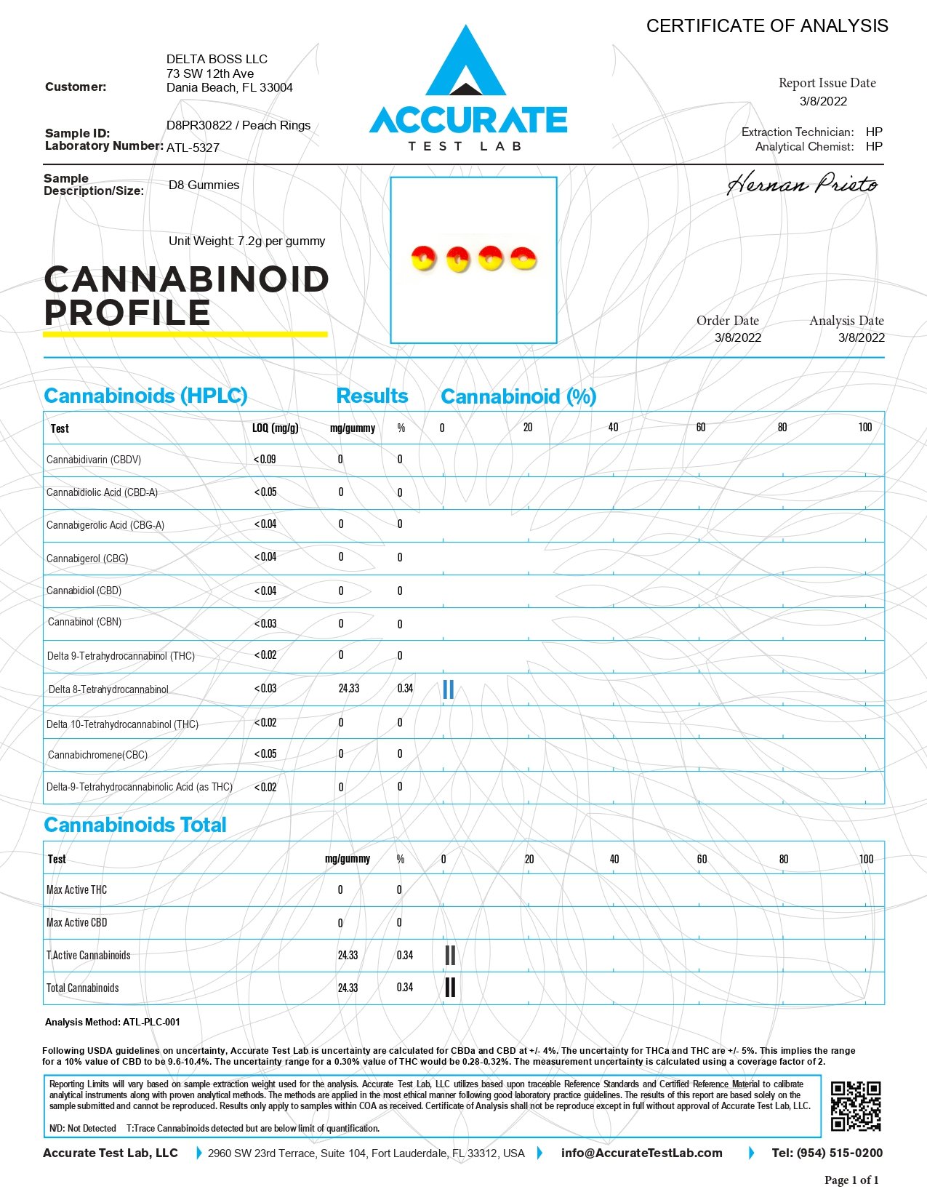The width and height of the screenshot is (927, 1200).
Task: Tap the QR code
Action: click(856, 1106)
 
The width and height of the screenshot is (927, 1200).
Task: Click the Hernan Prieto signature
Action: click(802, 183)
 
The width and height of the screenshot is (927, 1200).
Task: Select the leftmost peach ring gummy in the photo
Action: click(423, 258)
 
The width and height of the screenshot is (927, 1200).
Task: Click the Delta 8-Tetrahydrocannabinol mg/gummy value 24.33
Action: click(349, 688)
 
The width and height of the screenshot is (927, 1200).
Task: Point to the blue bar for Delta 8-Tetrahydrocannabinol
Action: click(448, 689)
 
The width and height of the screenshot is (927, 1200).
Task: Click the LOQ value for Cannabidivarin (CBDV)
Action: click(265, 460)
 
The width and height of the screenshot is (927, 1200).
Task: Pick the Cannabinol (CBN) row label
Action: click(84, 622)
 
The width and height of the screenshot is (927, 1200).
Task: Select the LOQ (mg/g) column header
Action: click(275, 428)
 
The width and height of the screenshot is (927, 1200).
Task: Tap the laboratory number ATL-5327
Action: click(193, 148)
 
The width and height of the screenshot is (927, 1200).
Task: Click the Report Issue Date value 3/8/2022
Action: click(823, 101)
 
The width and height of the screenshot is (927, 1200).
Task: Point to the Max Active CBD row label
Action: click(76, 922)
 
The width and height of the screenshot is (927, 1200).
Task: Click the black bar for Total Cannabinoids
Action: click(450, 987)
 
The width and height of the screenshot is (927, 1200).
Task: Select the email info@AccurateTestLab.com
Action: click(641, 1153)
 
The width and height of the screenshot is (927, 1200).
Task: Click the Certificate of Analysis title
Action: click(767, 26)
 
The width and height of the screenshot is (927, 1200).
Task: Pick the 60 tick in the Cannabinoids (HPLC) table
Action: click(700, 428)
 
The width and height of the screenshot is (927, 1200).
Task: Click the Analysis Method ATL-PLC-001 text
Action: click(113, 1022)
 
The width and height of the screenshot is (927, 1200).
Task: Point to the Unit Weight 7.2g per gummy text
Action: click(246, 241)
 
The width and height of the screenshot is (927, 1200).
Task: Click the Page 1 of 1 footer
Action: click(851, 1180)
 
